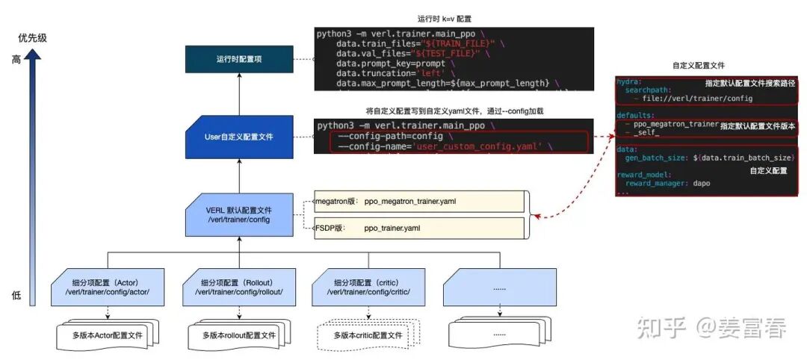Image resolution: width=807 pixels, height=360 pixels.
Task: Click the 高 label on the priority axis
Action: coord(16,60)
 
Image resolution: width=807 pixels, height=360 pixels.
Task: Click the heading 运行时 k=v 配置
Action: coord(445,19)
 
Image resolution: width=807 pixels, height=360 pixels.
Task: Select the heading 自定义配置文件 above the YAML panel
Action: coord(699,66)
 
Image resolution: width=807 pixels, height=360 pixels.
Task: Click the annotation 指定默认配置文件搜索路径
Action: coord(750,83)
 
